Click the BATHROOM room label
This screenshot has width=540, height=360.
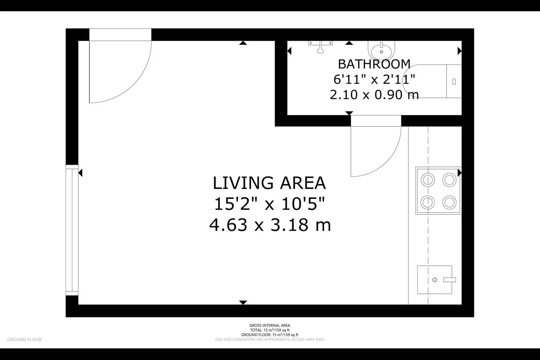[374, 64]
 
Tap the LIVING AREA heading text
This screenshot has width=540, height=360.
[269, 183]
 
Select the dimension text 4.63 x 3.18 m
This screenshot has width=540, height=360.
[270, 225]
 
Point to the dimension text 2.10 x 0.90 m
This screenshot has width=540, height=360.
[374, 94]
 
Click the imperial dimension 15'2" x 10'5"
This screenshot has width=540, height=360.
[270, 204]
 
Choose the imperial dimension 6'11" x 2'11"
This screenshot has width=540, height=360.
[374, 79]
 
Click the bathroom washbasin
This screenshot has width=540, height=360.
[381, 50]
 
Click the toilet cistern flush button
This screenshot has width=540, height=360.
[454, 81]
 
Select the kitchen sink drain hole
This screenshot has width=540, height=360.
[435, 280]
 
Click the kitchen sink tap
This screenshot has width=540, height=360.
[450, 280]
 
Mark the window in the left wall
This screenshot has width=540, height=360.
[72, 230]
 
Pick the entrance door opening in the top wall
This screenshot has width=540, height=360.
[120, 35]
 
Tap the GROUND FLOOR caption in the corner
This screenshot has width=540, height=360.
[24, 339]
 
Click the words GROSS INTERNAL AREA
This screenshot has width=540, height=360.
[270, 325]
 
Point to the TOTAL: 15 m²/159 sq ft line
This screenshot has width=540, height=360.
[270, 330]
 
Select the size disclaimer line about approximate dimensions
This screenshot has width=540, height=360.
[270, 339]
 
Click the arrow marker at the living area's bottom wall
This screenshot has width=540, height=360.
[243, 303]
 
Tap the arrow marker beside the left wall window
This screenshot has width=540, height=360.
[80, 172]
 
